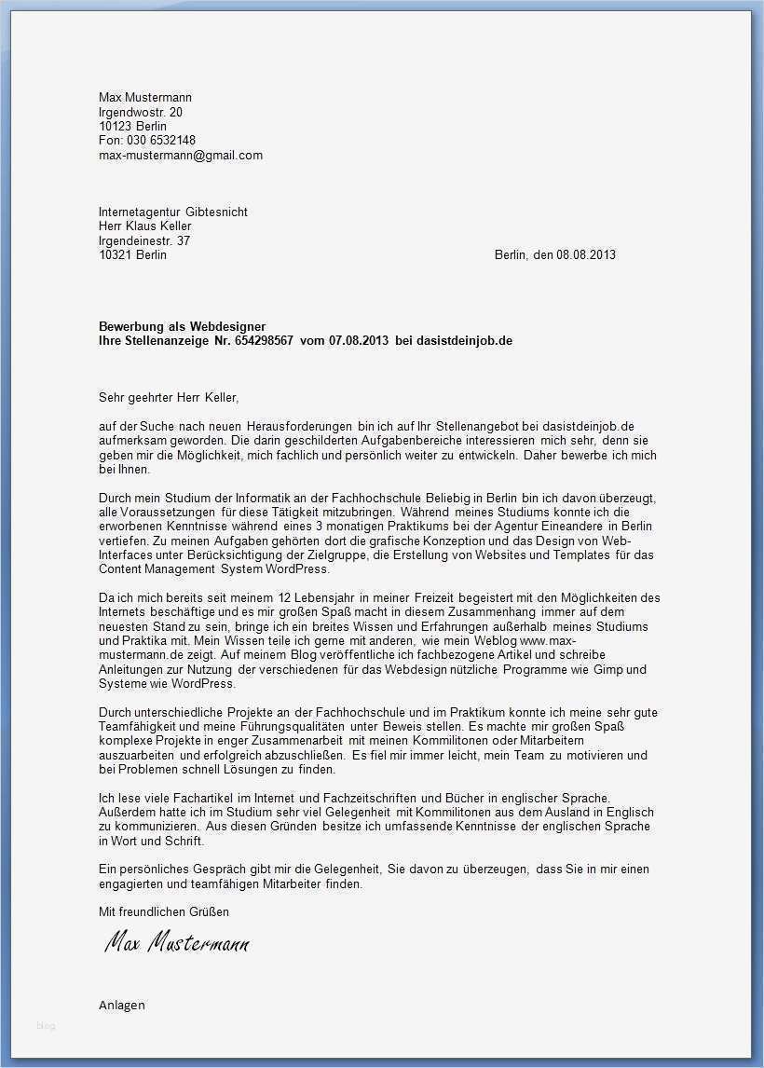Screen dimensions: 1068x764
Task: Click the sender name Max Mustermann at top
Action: coord(145,98)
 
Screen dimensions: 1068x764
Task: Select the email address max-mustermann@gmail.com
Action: coord(181,156)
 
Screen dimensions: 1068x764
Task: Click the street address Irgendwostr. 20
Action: coord(141,112)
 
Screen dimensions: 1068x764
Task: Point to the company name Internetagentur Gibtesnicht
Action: coord(173,212)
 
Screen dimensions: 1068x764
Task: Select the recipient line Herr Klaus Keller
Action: coord(145,226)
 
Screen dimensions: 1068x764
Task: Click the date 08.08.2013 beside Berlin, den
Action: coord(586,254)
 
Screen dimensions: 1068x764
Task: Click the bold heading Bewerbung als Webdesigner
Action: coord(182,326)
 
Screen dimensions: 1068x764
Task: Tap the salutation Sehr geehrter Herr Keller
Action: coord(169,397)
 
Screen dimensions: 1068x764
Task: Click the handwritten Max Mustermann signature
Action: coord(176,943)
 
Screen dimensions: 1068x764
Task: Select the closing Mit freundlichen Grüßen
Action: coord(163,911)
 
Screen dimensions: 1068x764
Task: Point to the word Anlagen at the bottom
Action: coord(122,1005)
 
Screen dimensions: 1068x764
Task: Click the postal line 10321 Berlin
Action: coord(132,254)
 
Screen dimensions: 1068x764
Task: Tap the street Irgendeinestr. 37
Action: coord(144,240)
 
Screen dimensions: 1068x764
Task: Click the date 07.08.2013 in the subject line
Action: coord(359,340)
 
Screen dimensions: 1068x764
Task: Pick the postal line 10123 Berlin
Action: coord(132,127)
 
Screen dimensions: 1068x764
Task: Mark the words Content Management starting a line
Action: coord(157,568)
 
